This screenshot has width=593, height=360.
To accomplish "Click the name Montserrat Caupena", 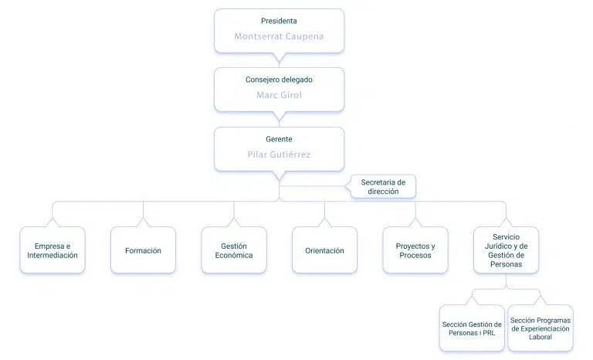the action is (279, 36).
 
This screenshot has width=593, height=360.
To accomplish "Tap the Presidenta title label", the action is (279, 21).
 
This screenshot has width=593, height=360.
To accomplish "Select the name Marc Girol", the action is (279, 95).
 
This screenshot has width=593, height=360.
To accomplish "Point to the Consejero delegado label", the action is (279, 80).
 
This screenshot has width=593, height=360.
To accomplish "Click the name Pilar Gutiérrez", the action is (279, 155).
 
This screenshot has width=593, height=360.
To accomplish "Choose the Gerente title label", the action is (279, 139).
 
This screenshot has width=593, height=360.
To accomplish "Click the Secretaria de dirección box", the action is (383, 187).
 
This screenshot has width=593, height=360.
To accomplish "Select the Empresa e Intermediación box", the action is (53, 250).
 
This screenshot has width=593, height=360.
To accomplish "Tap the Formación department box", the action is (144, 250).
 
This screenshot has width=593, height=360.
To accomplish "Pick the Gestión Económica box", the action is (234, 250).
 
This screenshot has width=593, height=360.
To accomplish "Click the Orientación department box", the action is (325, 250).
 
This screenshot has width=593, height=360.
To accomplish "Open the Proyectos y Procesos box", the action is (415, 250).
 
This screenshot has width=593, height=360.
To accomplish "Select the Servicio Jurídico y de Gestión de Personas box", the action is (507, 250).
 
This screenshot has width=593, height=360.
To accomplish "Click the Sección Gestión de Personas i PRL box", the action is (472, 328).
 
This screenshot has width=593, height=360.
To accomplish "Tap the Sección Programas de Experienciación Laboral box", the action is (540, 328).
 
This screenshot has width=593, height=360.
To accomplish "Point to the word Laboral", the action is (540, 337).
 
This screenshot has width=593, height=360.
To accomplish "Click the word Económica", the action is (234, 255).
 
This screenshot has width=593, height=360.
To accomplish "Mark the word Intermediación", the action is (53, 255).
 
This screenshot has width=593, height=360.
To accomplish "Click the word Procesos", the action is (415, 255).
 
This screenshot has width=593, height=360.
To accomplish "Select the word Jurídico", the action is (499, 246).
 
